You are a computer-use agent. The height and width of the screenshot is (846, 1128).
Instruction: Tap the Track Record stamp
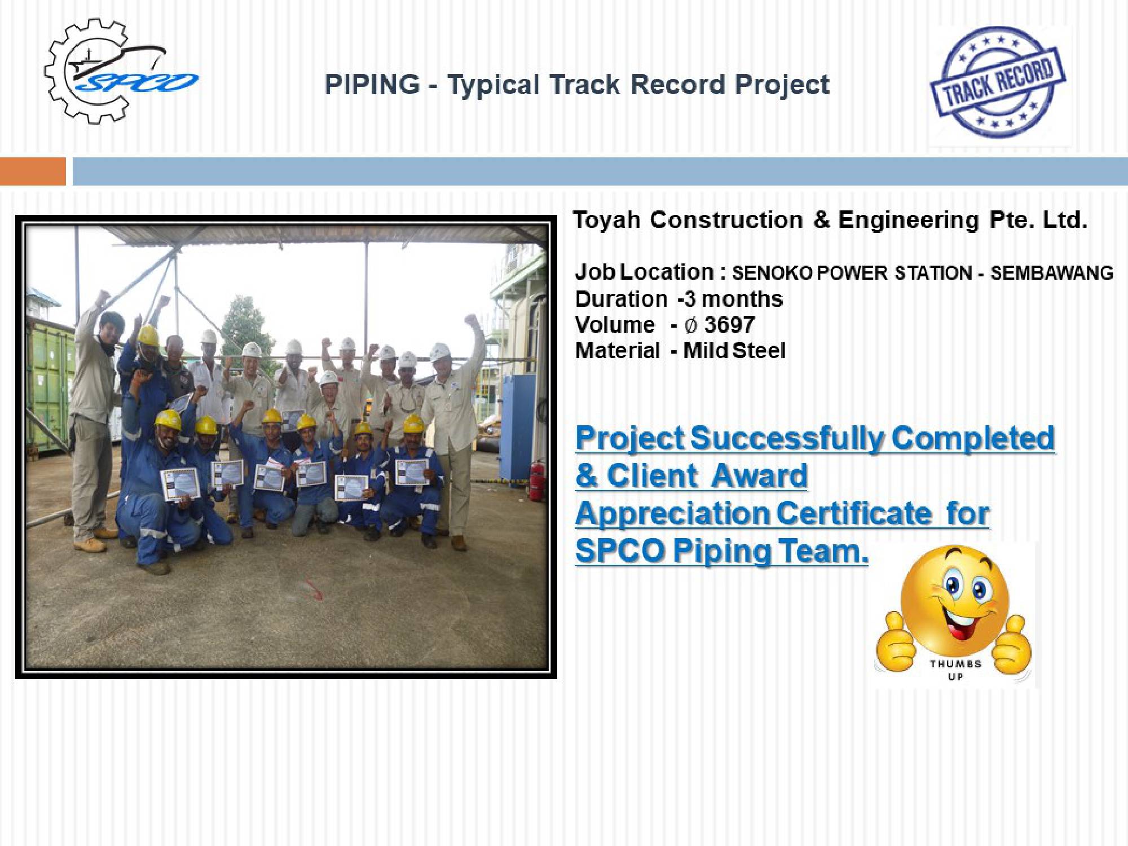pyautogui.click(x=998, y=82)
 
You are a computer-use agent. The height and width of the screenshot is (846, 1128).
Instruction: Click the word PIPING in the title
pyautogui.click(x=372, y=85)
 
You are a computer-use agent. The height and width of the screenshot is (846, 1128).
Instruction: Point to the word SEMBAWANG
pyautogui.click(x=1052, y=273)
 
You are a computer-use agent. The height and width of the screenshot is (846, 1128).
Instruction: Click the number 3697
pyautogui.click(x=729, y=324)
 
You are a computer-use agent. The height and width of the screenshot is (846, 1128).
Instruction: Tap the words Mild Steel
pyautogui.click(x=734, y=351)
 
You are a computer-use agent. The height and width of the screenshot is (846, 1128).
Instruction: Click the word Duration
pyautogui.click(x=621, y=299)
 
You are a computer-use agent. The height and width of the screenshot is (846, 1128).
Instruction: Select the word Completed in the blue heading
pyautogui.click(x=973, y=438)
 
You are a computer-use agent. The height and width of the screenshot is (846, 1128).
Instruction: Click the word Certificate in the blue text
pyautogui.click(x=854, y=514)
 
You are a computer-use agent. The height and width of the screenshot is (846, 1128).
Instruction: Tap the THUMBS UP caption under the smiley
pyautogui.click(x=956, y=669)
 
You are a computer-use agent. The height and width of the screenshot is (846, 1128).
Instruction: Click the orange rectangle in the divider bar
pyautogui.click(x=33, y=171)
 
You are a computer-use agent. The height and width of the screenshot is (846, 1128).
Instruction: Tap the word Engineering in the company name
pyautogui.click(x=908, y=220)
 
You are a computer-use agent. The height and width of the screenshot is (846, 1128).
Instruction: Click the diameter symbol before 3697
pyautogui.click(x=691, y=325)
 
